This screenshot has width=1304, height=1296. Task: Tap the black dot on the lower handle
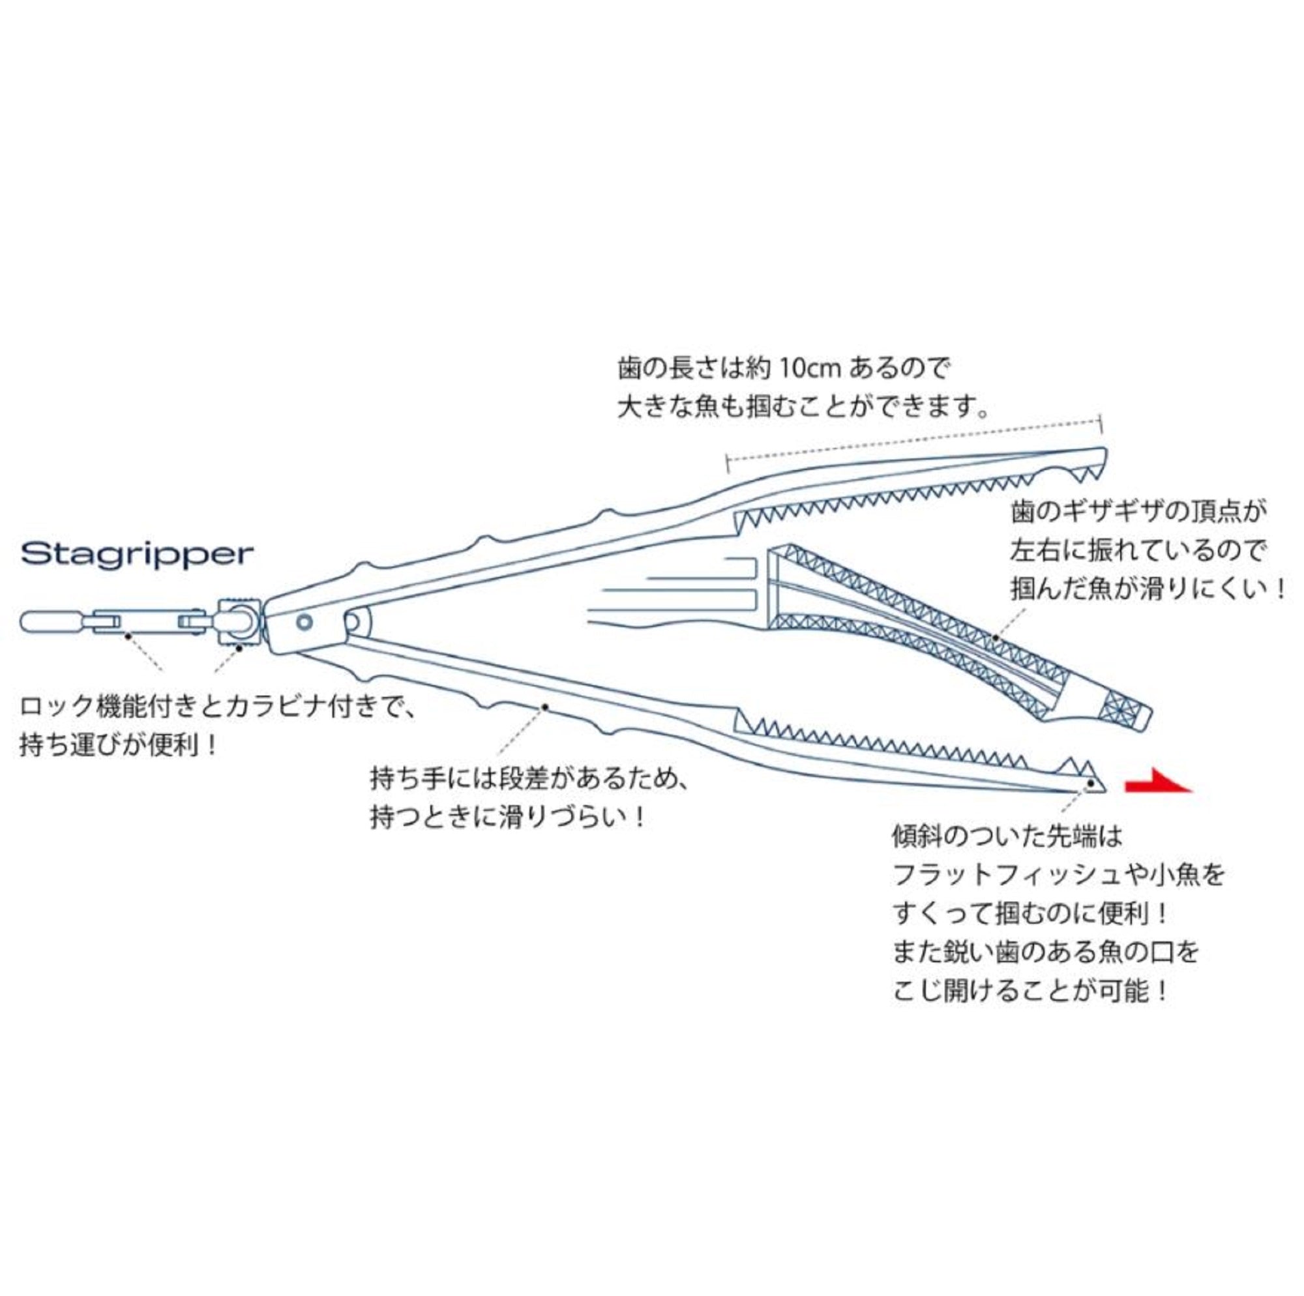click(x=544, y=707)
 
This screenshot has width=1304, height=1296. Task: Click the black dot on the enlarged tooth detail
click(x=996, y=636)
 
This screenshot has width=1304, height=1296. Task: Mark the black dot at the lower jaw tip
click(x=1091, y=784)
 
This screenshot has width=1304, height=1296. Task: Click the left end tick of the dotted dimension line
click(x=728, y=462)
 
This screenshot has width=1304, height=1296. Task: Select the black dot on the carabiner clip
click(x=127, y=635)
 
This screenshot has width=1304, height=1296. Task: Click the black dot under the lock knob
click(x=239, y=646)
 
